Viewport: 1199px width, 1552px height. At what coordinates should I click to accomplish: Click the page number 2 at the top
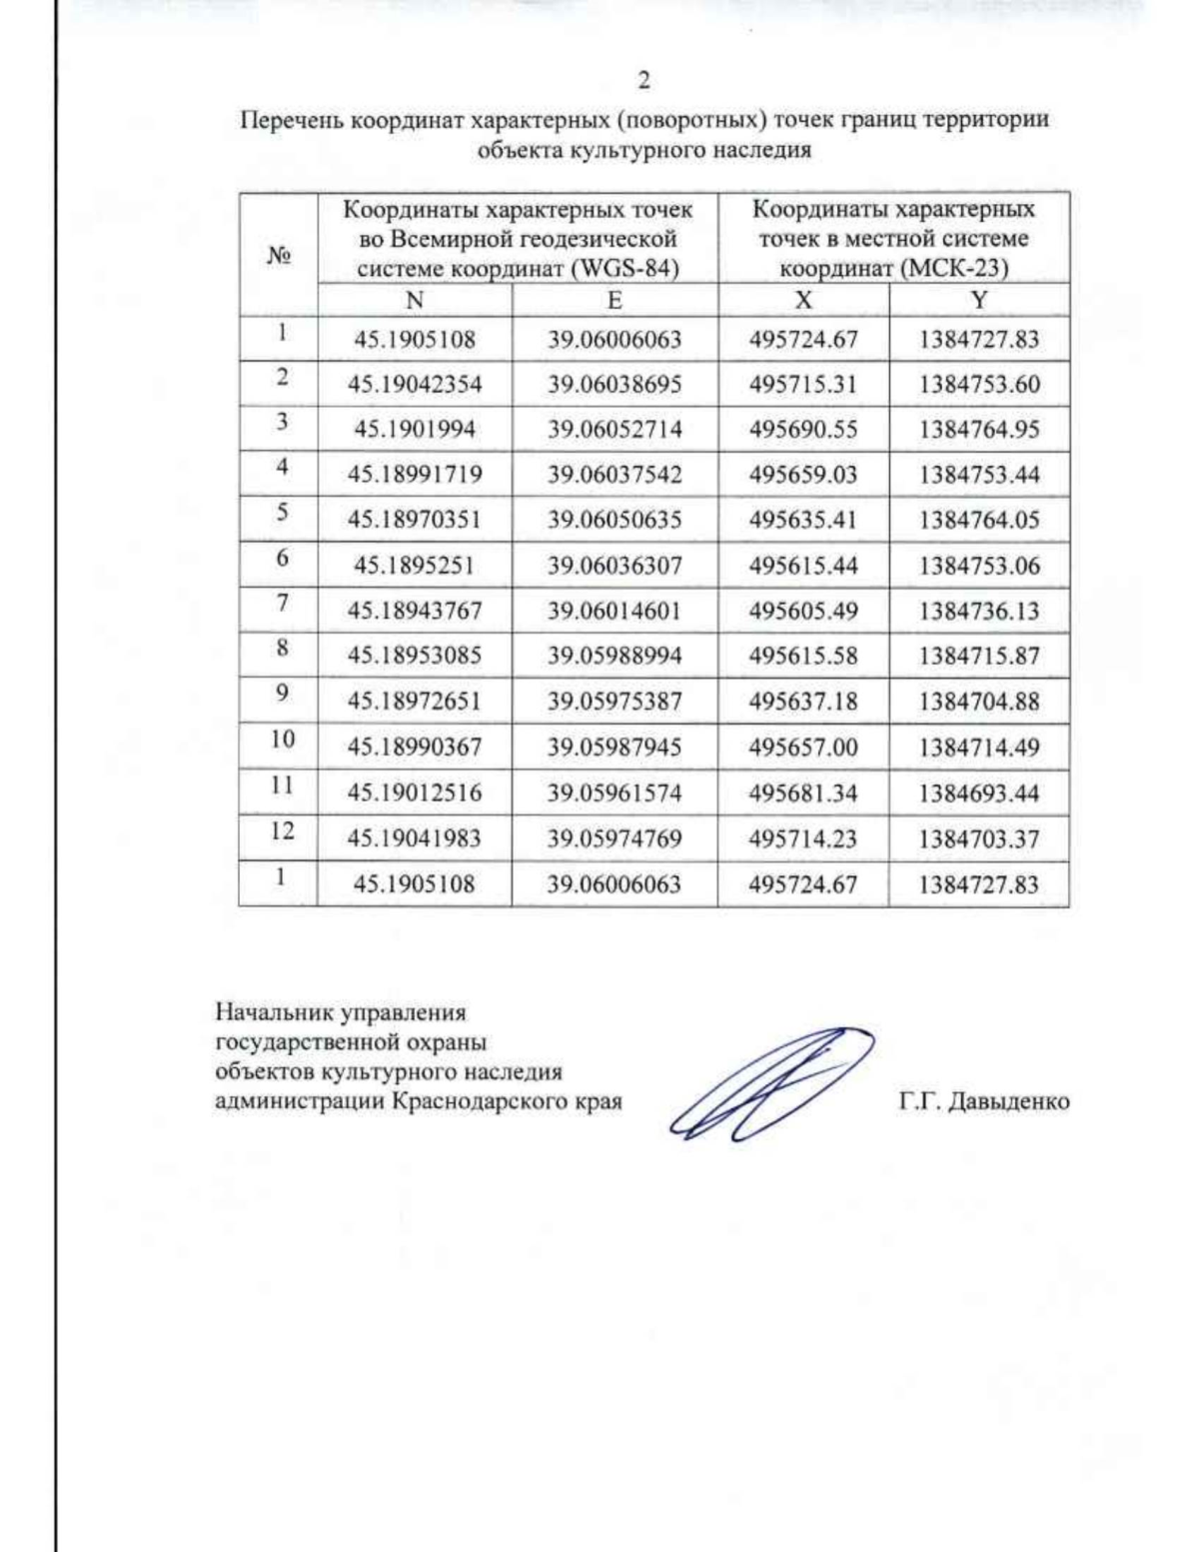(x=643, y=80)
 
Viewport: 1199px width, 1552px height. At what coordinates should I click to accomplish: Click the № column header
(x=279, y=255)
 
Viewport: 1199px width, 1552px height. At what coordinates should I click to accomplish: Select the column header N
(x=415, y=300)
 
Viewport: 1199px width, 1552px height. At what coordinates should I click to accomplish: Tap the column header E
(x=614, y=300)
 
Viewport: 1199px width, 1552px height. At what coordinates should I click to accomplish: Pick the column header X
(x=803, y=300)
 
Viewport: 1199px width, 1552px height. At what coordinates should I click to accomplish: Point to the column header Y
(x=979, y=300)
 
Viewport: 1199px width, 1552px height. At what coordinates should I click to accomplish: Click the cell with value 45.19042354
(x=415, y=385)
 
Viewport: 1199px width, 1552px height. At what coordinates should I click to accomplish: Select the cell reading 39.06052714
(x=614, y=430)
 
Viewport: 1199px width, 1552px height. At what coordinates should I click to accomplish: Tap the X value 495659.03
(x=803, y=475)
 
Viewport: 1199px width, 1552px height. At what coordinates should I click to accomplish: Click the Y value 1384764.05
(x=979, y=520)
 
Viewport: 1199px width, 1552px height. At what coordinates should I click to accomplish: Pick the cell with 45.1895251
(x=415, y=566)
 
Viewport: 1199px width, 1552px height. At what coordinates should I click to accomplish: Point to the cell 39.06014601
(x=614, y=611)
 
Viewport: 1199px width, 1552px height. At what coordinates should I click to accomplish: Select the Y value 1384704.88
(x=979, y=702)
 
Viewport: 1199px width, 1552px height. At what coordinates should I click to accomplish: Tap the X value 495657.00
(x=803, y=748)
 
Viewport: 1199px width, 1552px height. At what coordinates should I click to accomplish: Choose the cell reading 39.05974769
(x=614, y=838)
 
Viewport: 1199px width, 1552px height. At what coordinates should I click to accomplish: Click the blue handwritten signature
(x=769, y=1084)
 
